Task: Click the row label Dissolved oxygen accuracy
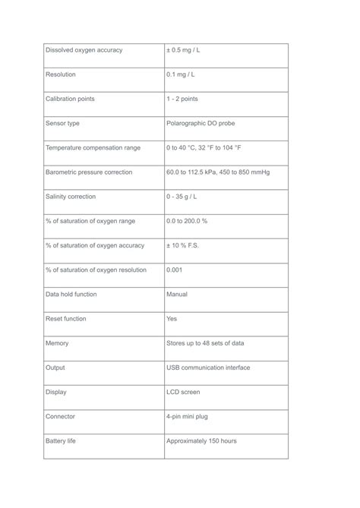coord(84,50)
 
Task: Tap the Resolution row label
coord(61,74)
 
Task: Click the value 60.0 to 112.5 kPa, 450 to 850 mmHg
coord(218,172)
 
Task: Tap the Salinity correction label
coord(71,197)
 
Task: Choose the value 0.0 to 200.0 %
coord(187,221)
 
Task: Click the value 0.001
coord(175,270)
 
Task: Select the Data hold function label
coord(71,294)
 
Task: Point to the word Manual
coord(177,294)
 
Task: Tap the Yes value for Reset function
coord(172,319)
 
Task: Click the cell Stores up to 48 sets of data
coord(205,343)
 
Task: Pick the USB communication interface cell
coord(208,368)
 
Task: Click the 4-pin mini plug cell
coord(190,416)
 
